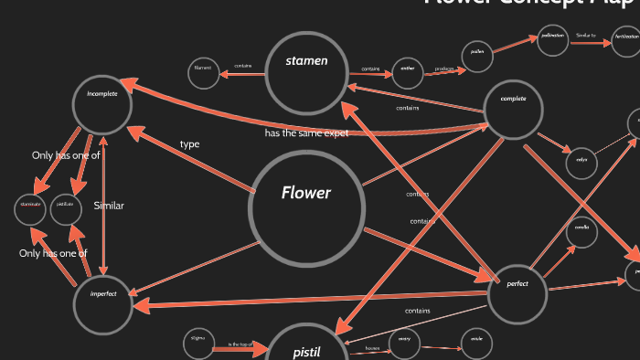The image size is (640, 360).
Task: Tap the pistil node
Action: click(306, 348)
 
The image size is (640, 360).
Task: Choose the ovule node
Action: click(476, 344)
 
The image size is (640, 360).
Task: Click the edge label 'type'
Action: click(190, 144)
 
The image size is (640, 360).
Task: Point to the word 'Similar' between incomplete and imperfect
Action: click(109, 206)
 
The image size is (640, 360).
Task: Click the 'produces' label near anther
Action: click(444, 69)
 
